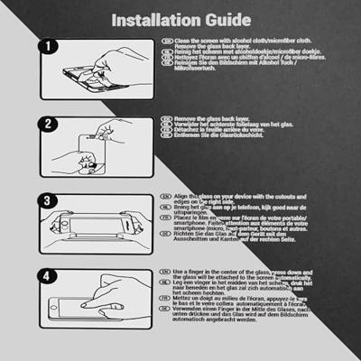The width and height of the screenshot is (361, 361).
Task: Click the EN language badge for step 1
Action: coord(165,42)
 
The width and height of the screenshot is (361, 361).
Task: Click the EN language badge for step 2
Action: coord(165,119)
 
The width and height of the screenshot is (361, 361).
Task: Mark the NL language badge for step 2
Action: coord(165,125)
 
